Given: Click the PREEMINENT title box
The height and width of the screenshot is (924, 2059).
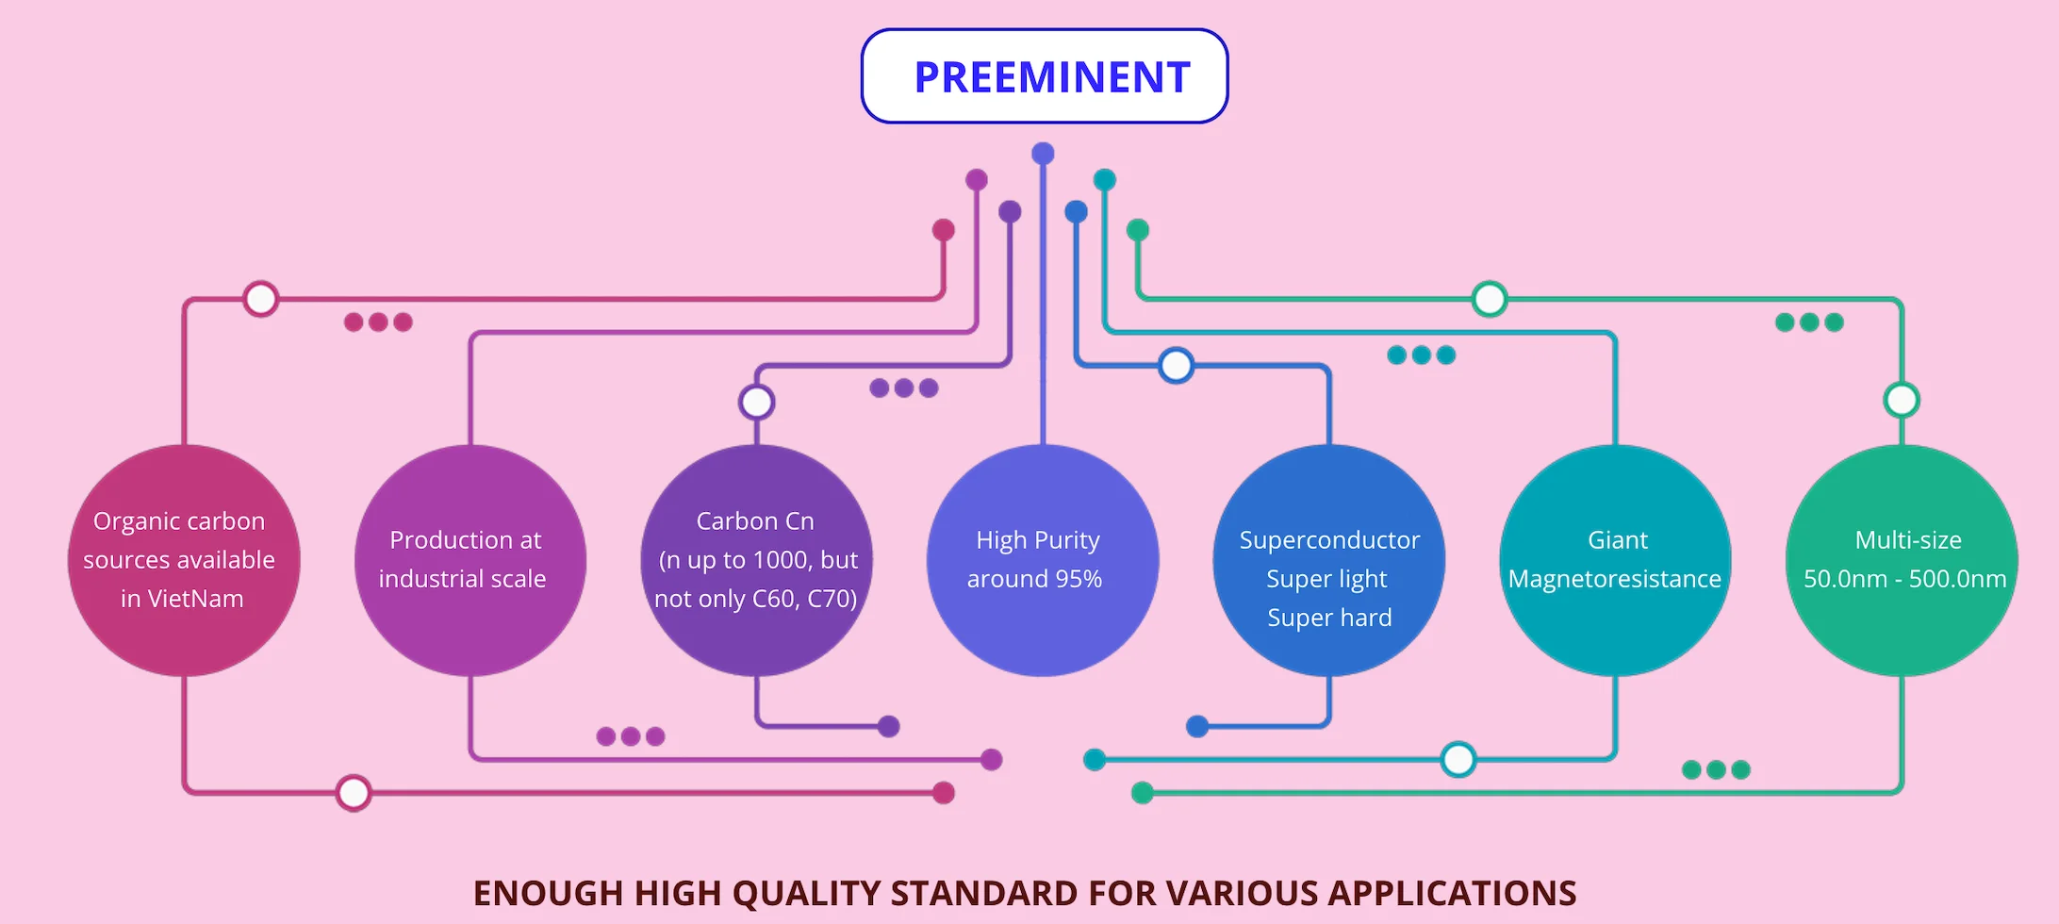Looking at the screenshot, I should pyautogui.click(x=1045, y=76).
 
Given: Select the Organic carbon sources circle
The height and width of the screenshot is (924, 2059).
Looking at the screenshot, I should pyautogui.click(x=184, y=560).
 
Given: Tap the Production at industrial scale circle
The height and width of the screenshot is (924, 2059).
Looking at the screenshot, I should pyautogui.click(x=469, y=560).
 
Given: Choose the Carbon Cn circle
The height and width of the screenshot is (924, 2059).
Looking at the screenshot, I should pyautogui.click(x=756, y=560).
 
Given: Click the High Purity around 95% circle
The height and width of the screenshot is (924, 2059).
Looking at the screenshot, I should pyautogui.click(x=1042, y=560).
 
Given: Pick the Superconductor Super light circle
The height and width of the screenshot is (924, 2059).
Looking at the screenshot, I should pyautogui.click(x=1328, y=560).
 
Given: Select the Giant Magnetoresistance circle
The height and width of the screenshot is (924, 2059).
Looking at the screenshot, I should pyautogui.click(x=1615, y=560).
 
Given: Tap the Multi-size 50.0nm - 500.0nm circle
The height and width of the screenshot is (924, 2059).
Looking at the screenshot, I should pyautogui.click(x=1902, y=560).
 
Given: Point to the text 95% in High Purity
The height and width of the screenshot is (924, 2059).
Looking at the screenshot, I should pyautogui.click(x=1079, y=579).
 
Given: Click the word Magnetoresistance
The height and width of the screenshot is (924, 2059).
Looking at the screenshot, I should pyautogui.click(x=1614, y=579).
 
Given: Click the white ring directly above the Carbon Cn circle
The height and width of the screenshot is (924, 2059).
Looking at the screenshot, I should pyautogui.click(x=756, y=403).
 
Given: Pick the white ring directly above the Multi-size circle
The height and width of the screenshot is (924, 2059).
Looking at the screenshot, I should pyautogui.click(x=1902, y=400).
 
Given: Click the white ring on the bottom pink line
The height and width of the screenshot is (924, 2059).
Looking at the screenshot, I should pyautogui.click(x=354, y=793).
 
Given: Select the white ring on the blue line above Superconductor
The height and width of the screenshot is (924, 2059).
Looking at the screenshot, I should pyautogui.click(x=1176, y=365).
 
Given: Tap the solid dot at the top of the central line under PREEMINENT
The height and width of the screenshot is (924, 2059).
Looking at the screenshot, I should pyautogui.click(x=1043, y=154).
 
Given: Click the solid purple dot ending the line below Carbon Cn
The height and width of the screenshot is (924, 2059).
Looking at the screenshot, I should pyautogui.click(x=888, y=726).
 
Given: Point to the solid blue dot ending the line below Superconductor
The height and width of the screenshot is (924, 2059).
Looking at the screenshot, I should pyautogui.click(x=1197, y=726).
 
